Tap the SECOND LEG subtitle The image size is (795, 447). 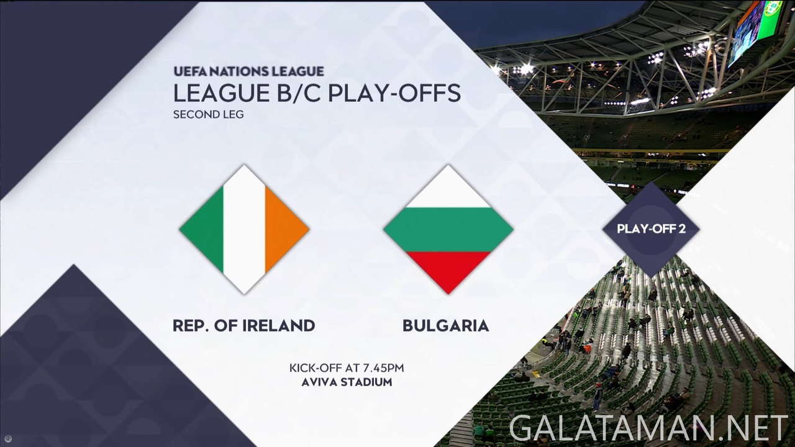coord(208,114)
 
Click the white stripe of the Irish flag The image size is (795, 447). coord(244,229)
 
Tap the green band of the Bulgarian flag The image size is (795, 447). coord(448,229)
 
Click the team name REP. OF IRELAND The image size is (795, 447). coord(243,325)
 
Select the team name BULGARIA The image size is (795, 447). coord(445,325)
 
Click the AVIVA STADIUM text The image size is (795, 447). coord(347,382)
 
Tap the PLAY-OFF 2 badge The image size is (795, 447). coord(651,229)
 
